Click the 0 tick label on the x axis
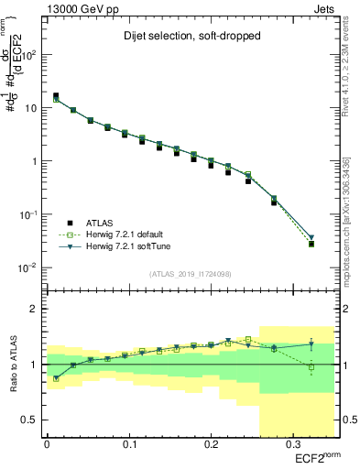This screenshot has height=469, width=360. click(46, 445)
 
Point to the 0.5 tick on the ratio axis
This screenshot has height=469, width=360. click(30, 420)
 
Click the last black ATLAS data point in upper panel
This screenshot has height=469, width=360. click(311, 244)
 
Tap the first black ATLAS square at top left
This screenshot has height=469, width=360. click(56, 95)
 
